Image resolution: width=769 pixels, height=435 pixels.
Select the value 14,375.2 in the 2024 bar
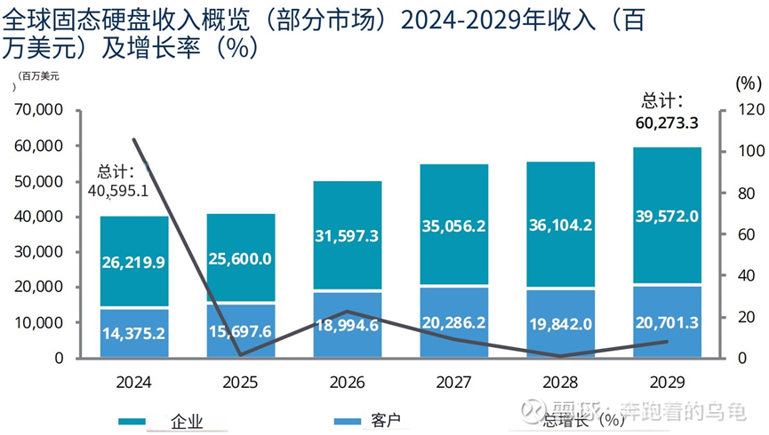pos(134,335)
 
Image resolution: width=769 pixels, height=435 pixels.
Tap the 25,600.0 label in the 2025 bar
pos(241,258)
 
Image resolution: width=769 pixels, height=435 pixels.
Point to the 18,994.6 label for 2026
pos(348,325)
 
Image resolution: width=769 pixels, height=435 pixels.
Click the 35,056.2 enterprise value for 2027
pos(454,226)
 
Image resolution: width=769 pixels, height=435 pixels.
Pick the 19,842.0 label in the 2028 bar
pos(561,323)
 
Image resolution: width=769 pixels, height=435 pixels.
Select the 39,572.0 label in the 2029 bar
pos(668,217)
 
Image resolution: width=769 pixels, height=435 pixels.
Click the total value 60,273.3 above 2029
pos(667,123)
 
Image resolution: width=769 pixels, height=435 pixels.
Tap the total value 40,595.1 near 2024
pos(118,189)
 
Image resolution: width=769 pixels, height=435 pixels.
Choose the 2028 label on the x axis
pos(561,383)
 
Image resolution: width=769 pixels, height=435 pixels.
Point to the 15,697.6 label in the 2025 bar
pos(241,330)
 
